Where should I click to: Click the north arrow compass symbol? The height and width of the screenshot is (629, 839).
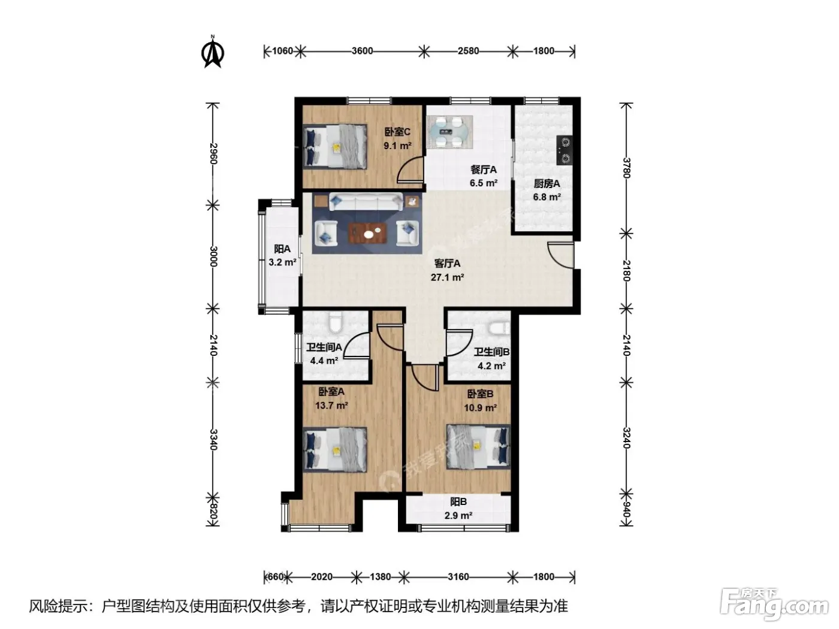(x=213, y=52)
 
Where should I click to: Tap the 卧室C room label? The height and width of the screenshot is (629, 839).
(x=397, y=132)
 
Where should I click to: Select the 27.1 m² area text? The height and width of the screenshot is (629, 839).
(x=447, y=277)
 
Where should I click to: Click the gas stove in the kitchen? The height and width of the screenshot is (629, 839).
(x=565, y=150)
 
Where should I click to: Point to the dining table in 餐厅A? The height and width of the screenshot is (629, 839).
(x=449, y=132)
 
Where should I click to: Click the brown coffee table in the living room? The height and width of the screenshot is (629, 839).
(x=367, y=233)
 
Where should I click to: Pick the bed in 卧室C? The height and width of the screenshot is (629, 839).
(x=335, y=146)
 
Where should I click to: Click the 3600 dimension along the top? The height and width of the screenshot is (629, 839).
(x=362, y=51)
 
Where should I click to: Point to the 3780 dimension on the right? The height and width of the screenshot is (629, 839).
(x=626, y=168)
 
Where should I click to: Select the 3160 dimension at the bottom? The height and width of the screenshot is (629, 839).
(x=458, y=577)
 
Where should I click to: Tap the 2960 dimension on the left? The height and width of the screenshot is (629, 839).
(x=213, y=153)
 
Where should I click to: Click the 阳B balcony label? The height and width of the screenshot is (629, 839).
(x=458, y=502)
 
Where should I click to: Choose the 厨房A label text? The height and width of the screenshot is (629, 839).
(x=547, y=184)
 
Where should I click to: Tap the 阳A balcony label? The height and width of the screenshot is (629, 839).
(x=282, y=249)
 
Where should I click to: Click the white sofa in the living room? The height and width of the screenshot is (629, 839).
(x=366, y=201)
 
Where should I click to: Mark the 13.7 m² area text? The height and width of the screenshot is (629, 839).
(x=331, y=405)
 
